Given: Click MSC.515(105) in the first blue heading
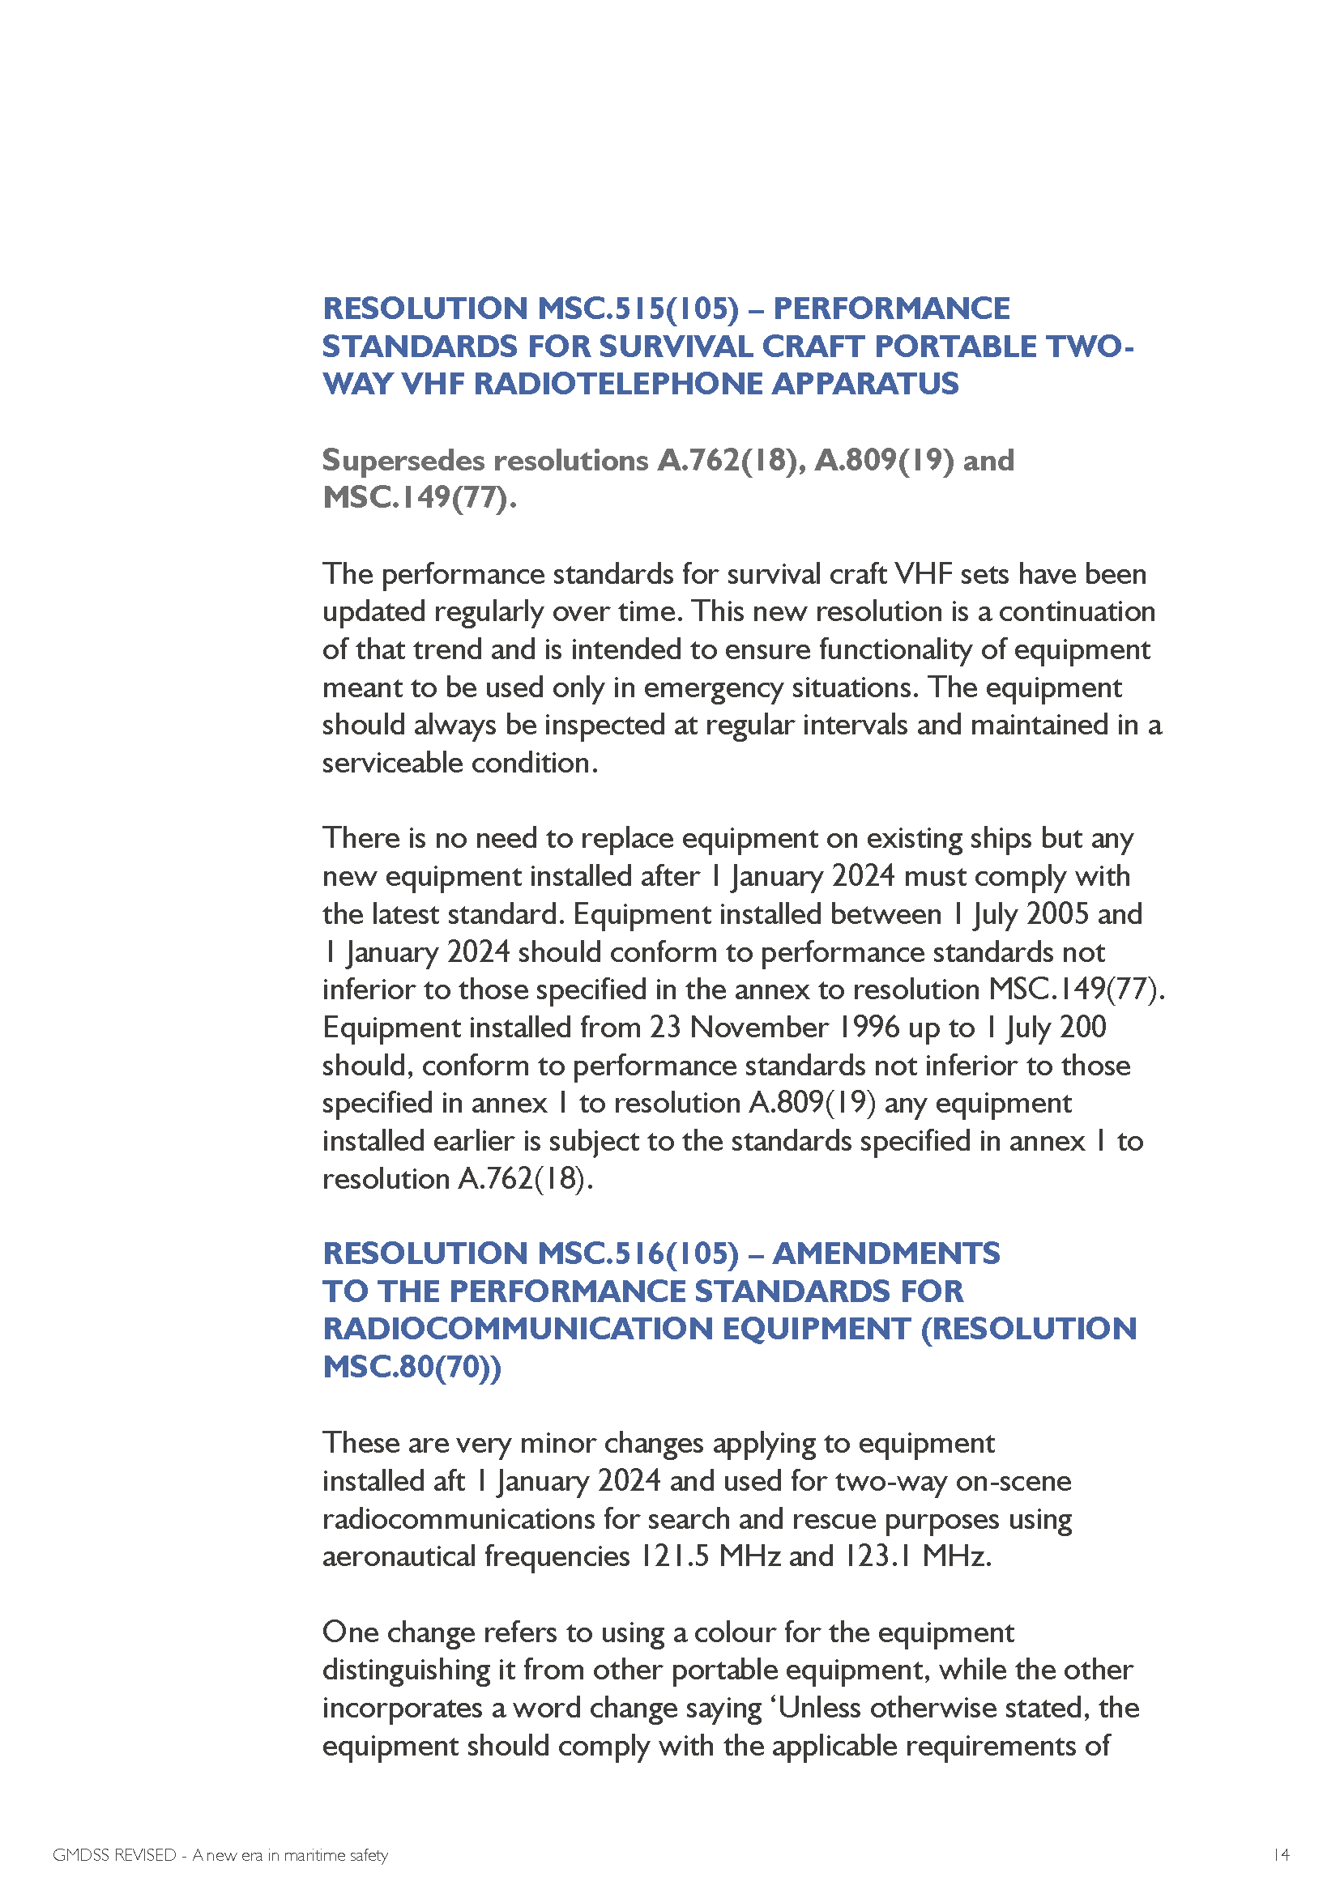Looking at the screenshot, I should click(x=638, y=309).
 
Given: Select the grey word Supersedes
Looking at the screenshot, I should click(x=403, y=460).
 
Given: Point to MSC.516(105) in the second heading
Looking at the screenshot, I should click(x=638, y=1253).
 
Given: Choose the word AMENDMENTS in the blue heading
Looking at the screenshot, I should click(x=886, y=1253).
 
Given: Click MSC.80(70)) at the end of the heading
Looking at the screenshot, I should click(x=412, y=1367).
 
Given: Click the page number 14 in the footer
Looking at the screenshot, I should click(x=1281, y=1855).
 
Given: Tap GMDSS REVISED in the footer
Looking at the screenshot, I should click(x=114, y=1855).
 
